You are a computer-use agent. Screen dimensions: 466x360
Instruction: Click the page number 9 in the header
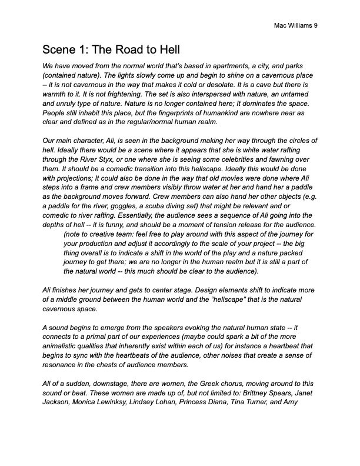(x=315, y=26)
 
